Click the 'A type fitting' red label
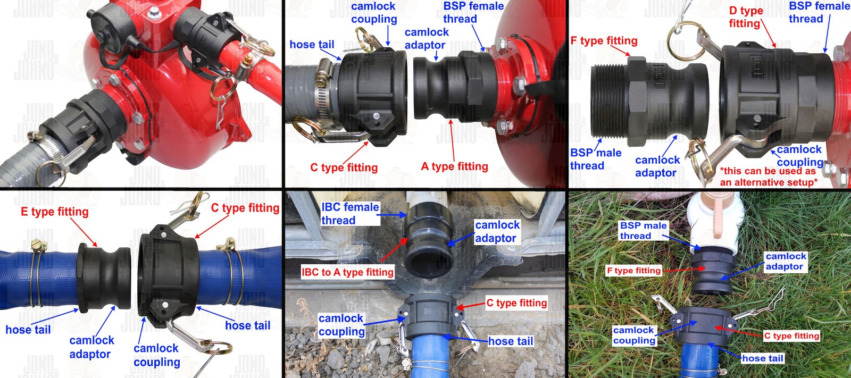tap(454, 166)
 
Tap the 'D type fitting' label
tap(746, 17)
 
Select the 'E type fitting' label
tap(54, 212)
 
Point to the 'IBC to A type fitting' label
tap(347, 272)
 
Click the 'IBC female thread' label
tap(349, 214)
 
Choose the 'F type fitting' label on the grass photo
tap(633, 271)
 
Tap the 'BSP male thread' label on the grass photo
tap(643, 231)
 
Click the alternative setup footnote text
tap(769, 177)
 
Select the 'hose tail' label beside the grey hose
tap(312, 45)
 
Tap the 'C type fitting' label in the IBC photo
tap(516, 303)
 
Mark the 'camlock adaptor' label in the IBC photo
tap(497, 232)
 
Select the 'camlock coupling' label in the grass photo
tap(633, 335)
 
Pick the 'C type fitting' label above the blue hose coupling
tap(245, 208)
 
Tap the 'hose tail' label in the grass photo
tap(762, 358)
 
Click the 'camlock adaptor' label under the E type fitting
tap(91, 347)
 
